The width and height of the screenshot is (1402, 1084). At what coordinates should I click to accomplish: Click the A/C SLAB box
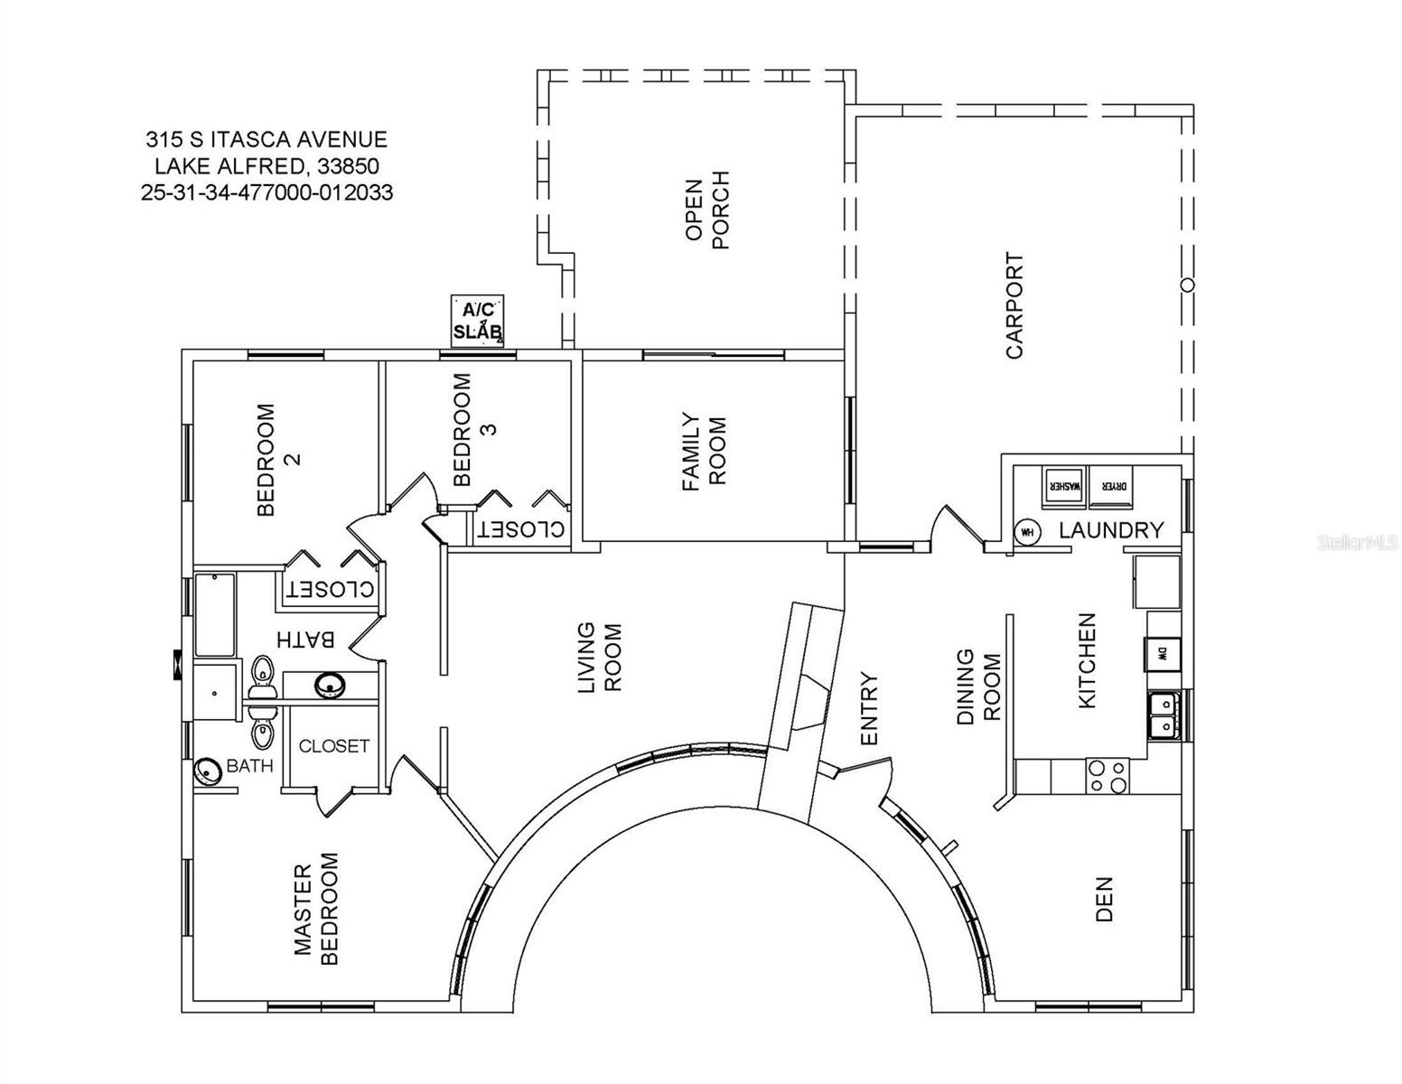pyautogui.click(x=478, y=320)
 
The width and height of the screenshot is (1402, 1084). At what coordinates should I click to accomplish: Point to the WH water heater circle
pyautogui.click(x=1026, y=532)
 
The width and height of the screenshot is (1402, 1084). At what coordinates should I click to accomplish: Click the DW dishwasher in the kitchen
pyautogui.click(x=1162, y=653)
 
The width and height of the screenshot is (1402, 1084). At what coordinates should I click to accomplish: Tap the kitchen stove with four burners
pyautogui.click(x=1107, y=776)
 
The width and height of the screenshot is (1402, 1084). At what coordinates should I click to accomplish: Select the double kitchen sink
pyautogui.click(x=1163, y=713)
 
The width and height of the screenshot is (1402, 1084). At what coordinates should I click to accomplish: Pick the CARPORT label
pyautogui.click(x=1014, y=305)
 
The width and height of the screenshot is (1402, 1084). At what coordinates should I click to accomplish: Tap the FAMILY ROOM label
pyautogui.click(x=704, y=452)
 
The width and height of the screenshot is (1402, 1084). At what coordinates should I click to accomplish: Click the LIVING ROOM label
pyautogui.click(x=599, y=658)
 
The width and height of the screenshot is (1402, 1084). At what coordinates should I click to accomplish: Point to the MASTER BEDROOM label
pyautogui.click(x=316, y=909)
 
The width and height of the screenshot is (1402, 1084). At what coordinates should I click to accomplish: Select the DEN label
pyautogui.click(x=1104, y=899)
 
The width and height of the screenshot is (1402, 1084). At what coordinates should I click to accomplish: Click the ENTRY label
pyautogui.click(x=869, y=708)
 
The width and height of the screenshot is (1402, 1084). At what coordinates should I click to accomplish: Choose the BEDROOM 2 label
pyautogui.click(x=277, y=459)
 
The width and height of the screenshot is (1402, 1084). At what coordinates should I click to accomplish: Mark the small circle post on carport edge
pyautogui.click(x=1188, y=285)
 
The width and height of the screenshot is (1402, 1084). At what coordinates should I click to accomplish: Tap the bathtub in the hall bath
pyautogui.click(x=215, y=614)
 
